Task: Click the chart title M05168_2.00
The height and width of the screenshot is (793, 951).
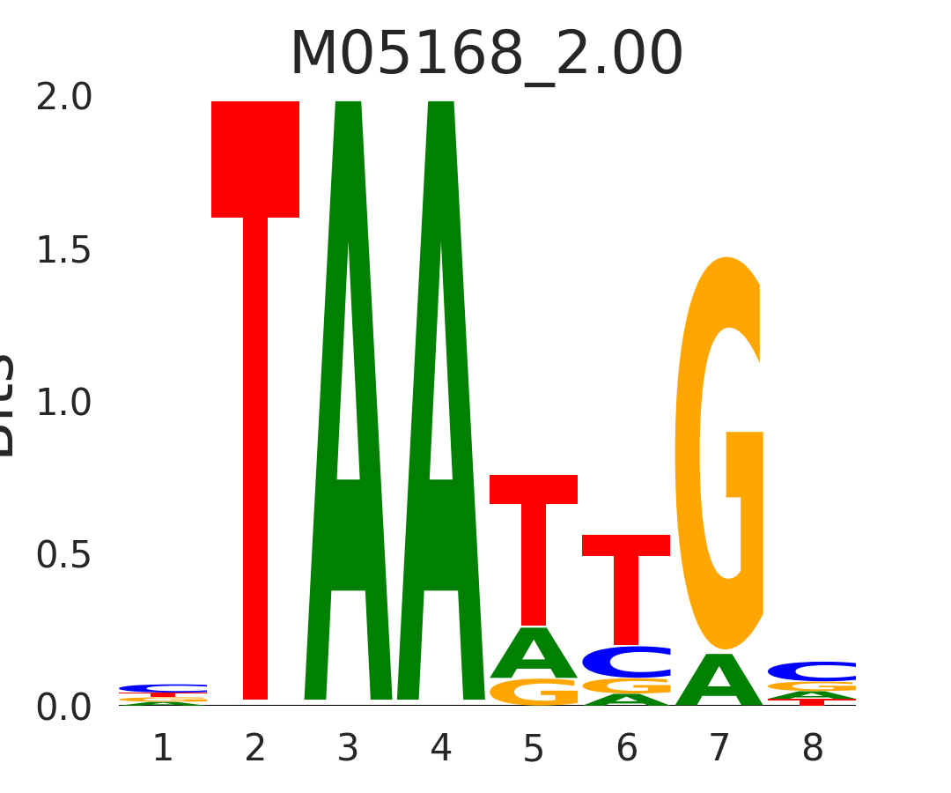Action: [486, 55]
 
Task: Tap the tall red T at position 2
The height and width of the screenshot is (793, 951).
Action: [255, 396]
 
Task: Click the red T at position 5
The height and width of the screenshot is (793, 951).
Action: [534, 546]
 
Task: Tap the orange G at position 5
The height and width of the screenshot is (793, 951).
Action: [534, 692]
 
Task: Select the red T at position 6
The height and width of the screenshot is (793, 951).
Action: [626, 582]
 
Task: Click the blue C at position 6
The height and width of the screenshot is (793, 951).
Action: [626, 662]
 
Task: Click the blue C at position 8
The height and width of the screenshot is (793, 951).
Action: [812, 671]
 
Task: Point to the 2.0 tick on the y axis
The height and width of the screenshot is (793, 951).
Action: [63, 98]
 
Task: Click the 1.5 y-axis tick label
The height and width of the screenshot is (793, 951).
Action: [63, 251]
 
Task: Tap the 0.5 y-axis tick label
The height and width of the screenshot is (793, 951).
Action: [63, 555]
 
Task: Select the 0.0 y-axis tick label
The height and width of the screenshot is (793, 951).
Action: [63, 708]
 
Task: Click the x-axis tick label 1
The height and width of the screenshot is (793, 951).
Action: [163, 749]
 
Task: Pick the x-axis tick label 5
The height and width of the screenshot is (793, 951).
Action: [534, 749]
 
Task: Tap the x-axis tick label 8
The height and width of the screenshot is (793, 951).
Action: [812, 749]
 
